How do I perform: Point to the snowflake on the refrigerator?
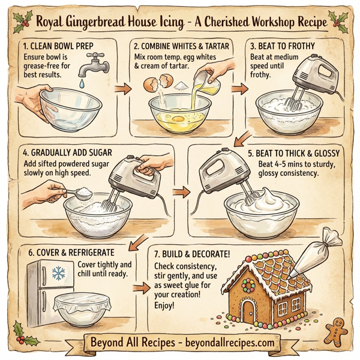[58, 274]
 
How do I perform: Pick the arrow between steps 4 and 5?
[179, 193]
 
